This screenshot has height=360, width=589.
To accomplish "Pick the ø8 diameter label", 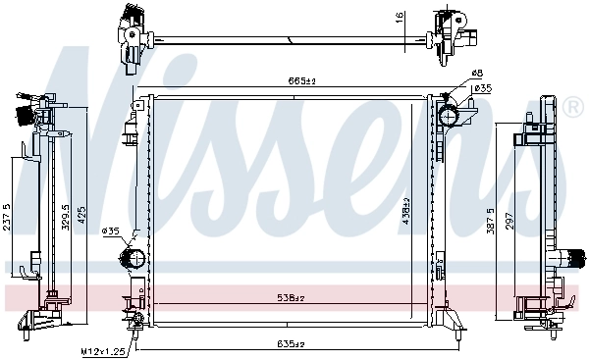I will click(x=477, y=74).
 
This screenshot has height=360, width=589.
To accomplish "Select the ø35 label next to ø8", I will click(x=482, y=89).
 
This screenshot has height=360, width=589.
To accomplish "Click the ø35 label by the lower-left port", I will click(x=111, y=231).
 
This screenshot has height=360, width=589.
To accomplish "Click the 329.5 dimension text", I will click(x=66, y=219).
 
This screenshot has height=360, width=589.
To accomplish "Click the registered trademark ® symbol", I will click(x=572, y=104).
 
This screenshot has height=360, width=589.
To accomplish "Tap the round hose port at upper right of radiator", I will click(x=449, y=117).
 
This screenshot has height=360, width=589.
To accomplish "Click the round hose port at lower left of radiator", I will click(x=132, y=260).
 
